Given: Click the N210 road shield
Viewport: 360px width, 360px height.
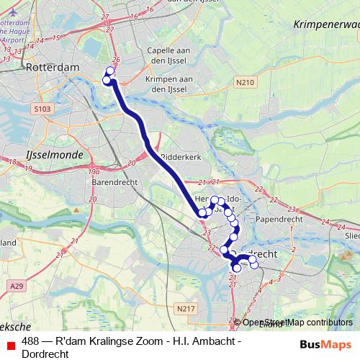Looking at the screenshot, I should click(x=245, y=84).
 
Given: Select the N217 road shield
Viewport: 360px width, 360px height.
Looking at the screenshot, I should click(x=185, y=308).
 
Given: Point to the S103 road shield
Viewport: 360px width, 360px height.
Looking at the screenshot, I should click(x=42, y=109).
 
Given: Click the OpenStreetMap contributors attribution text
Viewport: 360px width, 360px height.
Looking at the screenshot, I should click(x=296, y=323).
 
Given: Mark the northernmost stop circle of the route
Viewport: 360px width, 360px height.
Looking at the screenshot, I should click(x=110, y=71).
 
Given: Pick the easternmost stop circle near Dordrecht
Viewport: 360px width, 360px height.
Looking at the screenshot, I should click(x=253, y=265).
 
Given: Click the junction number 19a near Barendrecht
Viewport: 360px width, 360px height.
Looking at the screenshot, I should click(x=94, y=172).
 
